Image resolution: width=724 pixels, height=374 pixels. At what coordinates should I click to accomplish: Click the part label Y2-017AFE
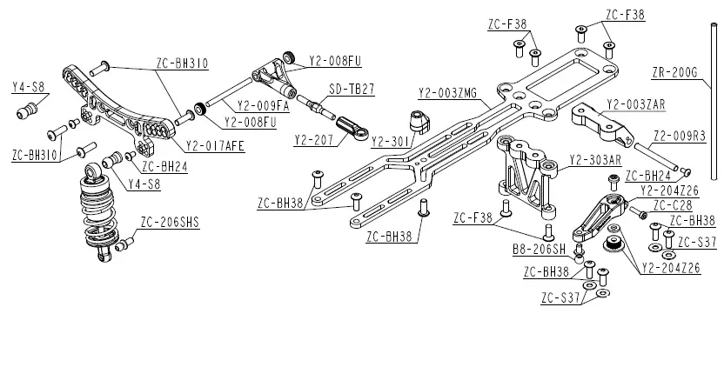pos(215,145)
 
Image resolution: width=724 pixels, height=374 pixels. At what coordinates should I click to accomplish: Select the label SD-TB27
pos(352,89)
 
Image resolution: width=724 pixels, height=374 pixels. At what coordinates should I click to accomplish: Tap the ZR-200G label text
pos(674,71)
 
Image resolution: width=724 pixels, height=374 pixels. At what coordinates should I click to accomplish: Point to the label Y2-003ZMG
pos(447,93)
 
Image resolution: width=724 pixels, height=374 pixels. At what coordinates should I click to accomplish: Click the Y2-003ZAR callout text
pos(635,104)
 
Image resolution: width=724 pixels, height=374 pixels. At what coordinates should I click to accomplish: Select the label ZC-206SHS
pos(170,223)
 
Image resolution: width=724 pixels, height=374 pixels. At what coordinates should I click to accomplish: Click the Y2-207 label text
pos(313,139)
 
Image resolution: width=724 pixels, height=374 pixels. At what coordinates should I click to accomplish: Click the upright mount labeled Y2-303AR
pos(526,174)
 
